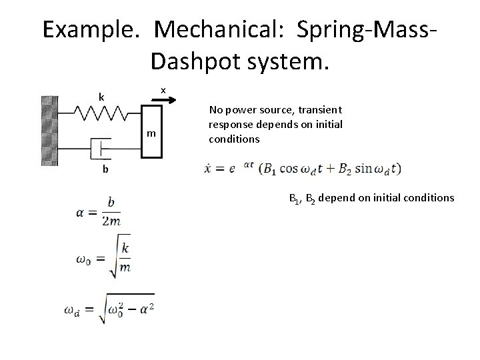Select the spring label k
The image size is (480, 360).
click(x=101, y=98)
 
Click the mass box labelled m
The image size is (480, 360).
click(x=152, y=133)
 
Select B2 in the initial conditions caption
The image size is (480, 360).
click(x=310, y=198)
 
